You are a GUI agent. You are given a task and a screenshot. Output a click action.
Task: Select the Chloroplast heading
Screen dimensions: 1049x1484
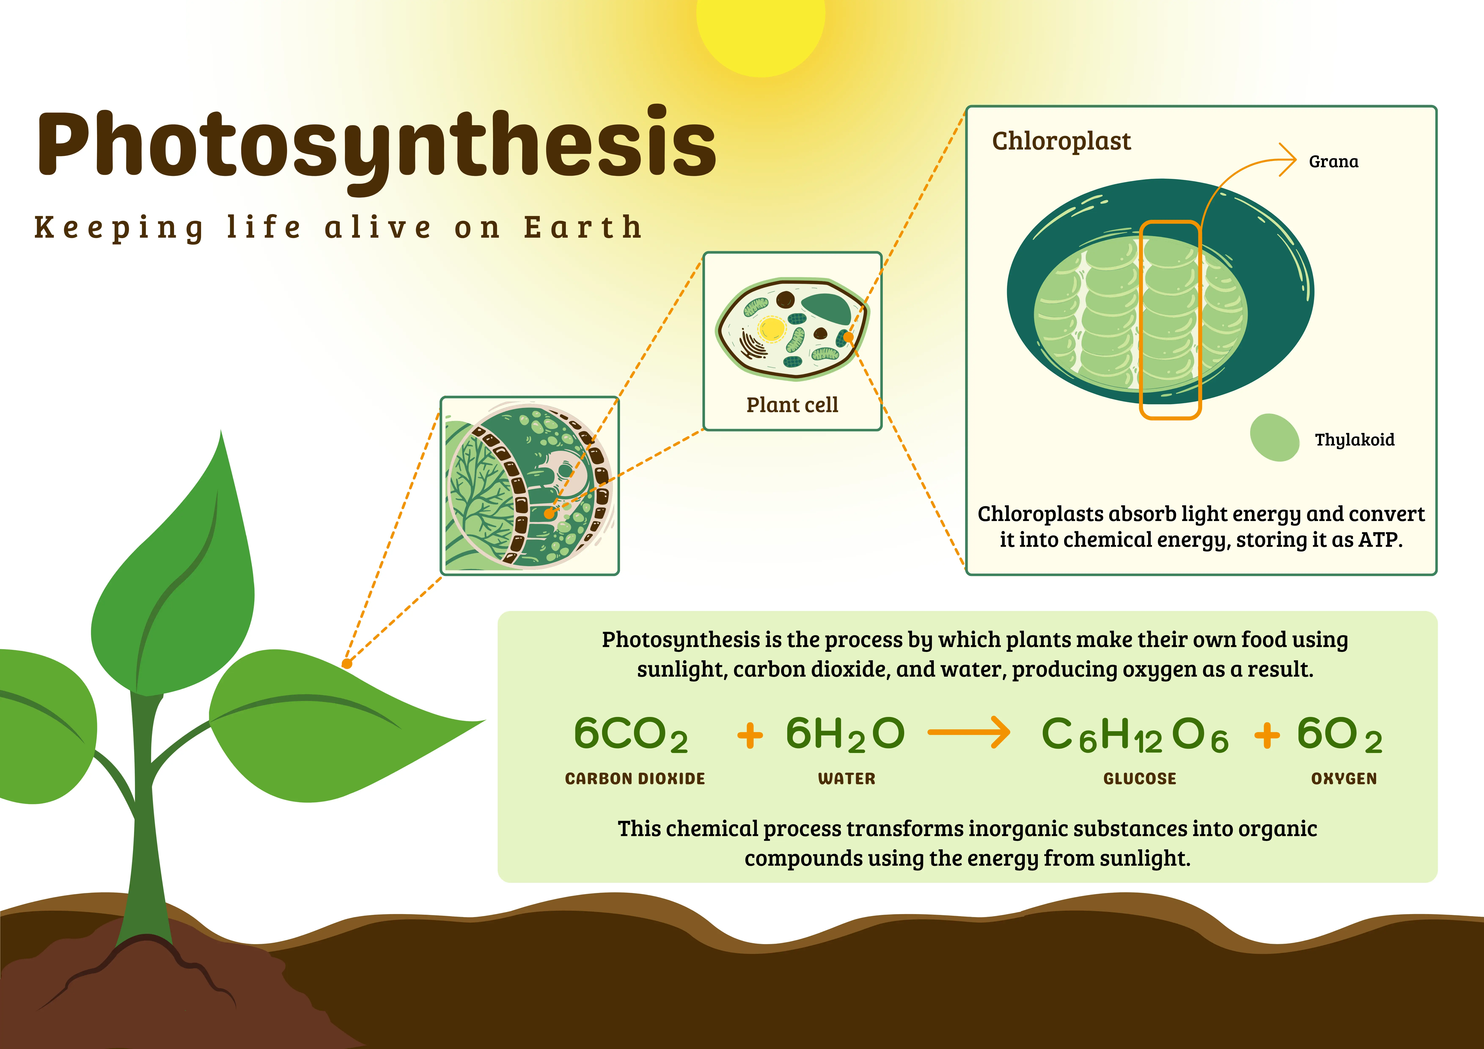coord(1061,141)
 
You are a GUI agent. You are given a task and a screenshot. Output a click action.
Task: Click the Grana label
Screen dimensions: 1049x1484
coord(1333,162)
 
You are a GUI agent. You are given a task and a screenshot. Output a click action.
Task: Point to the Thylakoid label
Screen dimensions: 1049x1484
coord(1354,440)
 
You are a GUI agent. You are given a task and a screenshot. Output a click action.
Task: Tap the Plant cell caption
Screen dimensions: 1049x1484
coord(792,405)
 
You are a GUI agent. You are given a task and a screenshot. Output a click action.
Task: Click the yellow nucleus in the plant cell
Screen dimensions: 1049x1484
coord(771,328)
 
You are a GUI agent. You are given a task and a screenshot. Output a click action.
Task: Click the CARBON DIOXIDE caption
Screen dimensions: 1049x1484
coord(635,779)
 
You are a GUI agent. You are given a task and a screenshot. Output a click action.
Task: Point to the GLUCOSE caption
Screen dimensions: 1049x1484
coord(1139,779)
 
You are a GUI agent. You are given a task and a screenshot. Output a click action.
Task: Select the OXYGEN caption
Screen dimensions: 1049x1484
coord(1344,779)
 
